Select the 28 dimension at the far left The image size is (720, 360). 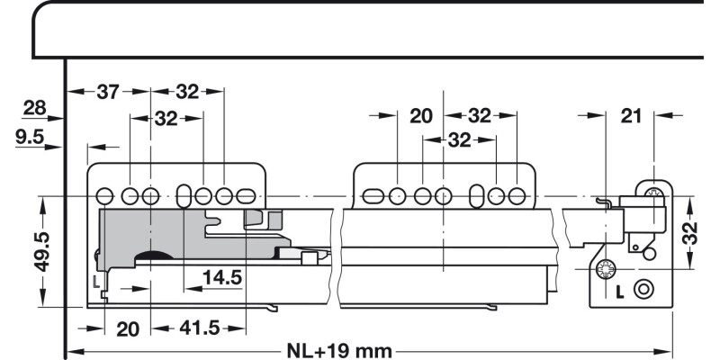click(34, 109)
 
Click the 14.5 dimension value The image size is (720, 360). click(221, 279)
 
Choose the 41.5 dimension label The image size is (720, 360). click(198, 328)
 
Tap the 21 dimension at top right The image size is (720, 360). click(631, 115)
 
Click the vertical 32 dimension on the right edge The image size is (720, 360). click(692, 234)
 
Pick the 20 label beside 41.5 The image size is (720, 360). click(128, 328)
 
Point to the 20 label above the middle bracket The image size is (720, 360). click(420, 115)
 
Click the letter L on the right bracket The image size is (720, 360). click(619, 291)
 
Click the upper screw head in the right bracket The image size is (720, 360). click(655, 194)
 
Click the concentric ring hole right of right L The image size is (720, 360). click(642, 290)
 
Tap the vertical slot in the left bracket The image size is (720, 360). click(184, 195)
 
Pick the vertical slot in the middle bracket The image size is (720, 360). click(477, 195)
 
